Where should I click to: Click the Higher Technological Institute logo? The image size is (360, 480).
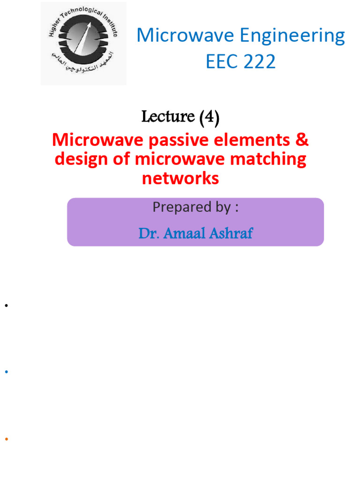click(x=83, y=44)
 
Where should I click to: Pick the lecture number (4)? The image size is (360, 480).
click(x=209, y=117)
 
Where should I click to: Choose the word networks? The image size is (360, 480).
click(x=180, y=178)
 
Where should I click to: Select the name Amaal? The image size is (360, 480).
click(x=188, y=232)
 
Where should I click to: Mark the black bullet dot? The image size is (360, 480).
click(x=7, y=306)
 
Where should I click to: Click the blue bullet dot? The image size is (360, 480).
click(x=7, y=372)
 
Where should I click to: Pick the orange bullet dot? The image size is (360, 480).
click(x=7, y=439)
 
